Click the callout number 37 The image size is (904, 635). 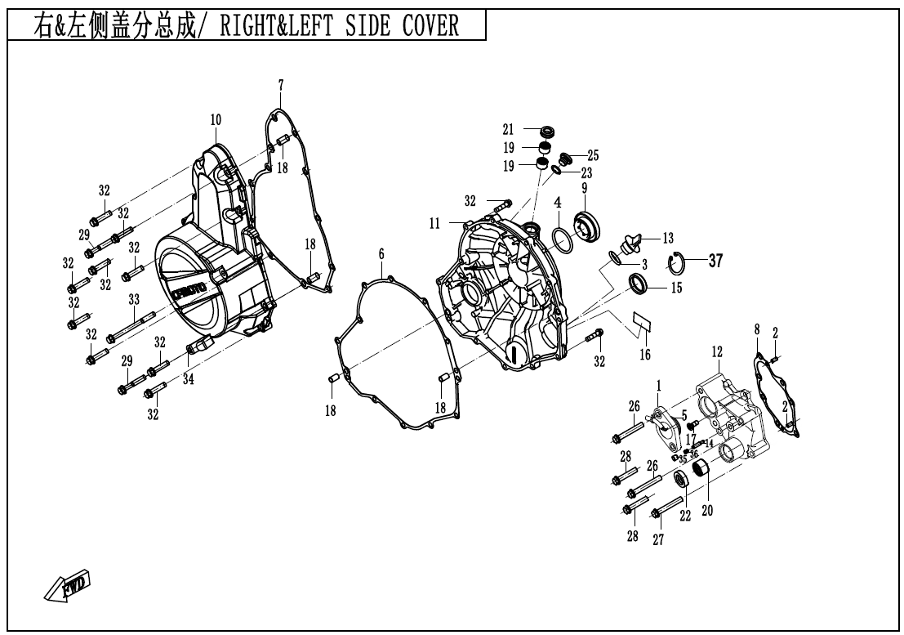pos(715,261)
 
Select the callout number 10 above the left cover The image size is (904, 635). pos(216,119)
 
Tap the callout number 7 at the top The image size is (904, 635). pos(280,84)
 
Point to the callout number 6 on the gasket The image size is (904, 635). pos(381,254)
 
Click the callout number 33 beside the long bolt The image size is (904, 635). pos(134,300)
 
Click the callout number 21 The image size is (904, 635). pos(508,129)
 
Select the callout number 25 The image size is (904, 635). pos(593,154)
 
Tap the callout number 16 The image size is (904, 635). pos(645,354)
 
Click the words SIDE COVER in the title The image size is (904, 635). pos(413,25)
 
